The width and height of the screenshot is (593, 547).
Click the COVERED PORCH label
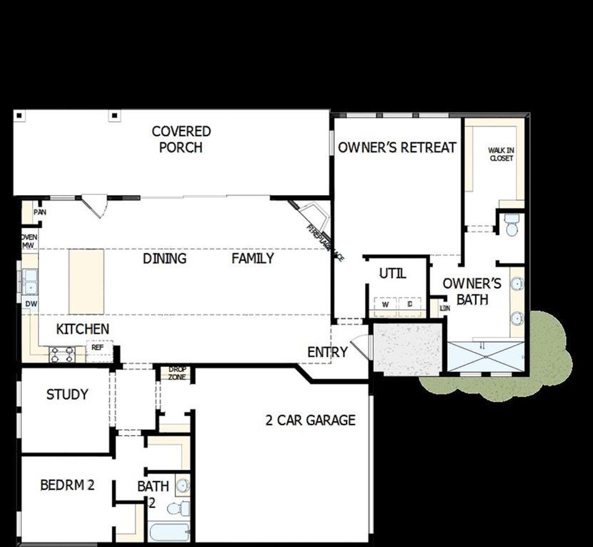click(x=181, y=139)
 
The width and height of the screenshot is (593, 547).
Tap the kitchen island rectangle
click(x=87, y=281)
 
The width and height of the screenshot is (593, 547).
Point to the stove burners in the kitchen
click(x=63, y=354)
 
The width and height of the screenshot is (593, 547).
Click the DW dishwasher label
click(x=31, y=304)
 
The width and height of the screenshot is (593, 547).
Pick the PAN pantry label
click(x=40, y=212)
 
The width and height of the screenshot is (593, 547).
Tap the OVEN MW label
click(x=29, y=241)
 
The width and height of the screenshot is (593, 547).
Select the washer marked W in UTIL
click(x=385, y=305)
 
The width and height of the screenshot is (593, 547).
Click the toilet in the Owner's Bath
click(x=512, y=225)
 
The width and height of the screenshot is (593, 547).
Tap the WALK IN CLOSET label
click(x=501, y=154)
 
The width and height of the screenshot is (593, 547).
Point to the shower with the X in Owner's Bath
click(x=486, y=356)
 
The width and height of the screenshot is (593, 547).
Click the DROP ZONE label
click(x=177, y=373)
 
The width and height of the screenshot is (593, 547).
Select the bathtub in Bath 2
click(x=169, y=532)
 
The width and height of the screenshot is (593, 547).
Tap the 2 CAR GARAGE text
click(x=310, y=420)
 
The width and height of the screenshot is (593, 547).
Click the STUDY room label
click(x=67, y=395)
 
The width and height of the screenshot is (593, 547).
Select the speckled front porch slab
click(x=408, y=348)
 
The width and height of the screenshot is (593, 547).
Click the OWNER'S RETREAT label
click(x=397, y=148)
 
